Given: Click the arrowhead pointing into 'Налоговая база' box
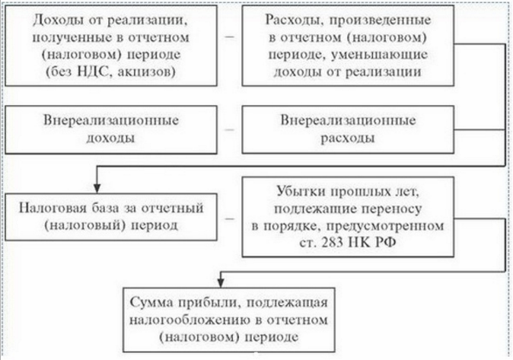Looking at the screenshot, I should (x=97, y=186).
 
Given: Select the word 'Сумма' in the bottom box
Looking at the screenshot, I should (x=155, y=295).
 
